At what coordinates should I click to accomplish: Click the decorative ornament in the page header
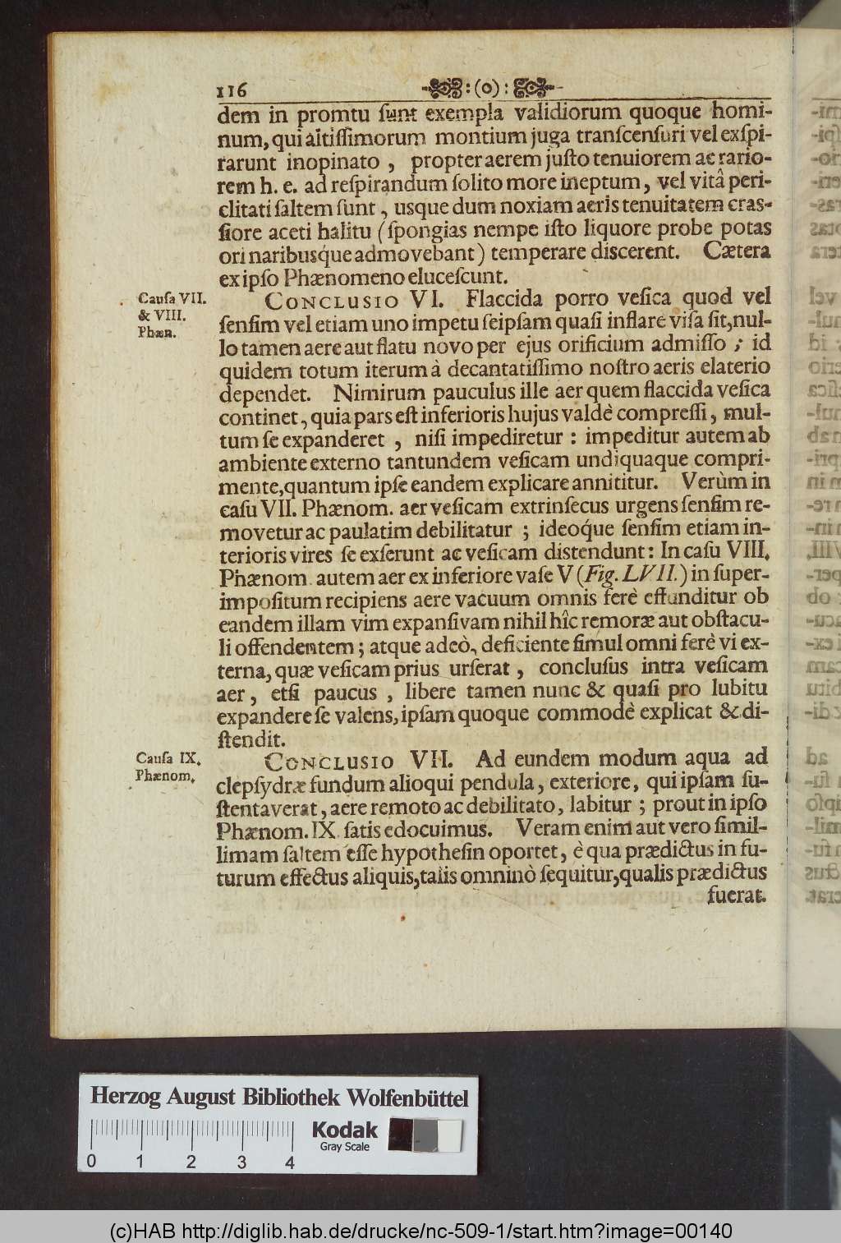point(490,88)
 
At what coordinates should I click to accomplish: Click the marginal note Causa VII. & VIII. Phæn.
point(164,315)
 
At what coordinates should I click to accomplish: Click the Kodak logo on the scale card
point(344,1130)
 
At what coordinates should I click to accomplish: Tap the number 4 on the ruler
point(290,1162)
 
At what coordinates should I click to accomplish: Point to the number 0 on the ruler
point(90,1162)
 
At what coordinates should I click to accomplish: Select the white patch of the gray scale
point(448,1135)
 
